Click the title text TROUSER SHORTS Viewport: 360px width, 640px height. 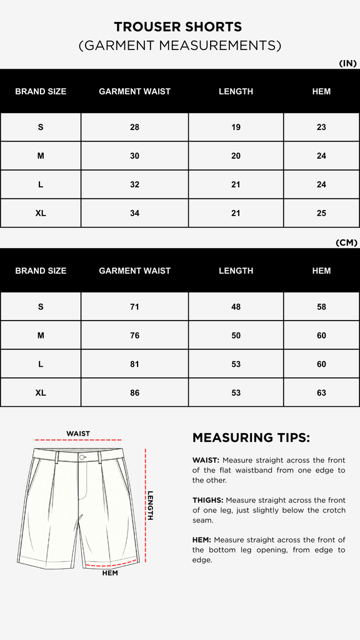[x=178, y=27]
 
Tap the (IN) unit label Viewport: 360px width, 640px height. [x=347, y=63]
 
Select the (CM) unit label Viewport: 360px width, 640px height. [x=347, y=242]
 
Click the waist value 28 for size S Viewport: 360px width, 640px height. [x=134, y=127]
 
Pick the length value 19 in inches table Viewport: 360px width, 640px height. [x=236, y=127]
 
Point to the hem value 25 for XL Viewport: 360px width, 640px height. [x=321, y=213]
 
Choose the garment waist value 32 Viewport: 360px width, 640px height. [x=134, y=184]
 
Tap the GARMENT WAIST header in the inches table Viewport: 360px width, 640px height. [x=134, y=91]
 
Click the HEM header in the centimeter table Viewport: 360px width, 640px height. [x=321, y=271]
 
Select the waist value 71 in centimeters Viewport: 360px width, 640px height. [x=134, y=307]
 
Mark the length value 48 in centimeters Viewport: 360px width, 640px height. [x=236, y=307]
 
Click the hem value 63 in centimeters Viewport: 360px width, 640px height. [x=321, y=393]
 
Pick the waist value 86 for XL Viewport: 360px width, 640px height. [x=134, y=393]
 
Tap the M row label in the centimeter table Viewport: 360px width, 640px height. [x=41, y=336]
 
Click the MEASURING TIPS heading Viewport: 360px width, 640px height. [x=251, y=437]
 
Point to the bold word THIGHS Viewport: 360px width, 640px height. [x=207, y=500]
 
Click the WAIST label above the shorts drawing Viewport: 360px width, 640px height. [x=78, y=434]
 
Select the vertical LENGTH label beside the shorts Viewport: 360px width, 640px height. [x=151, y=505]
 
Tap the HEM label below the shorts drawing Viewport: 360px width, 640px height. [x=110, y=573]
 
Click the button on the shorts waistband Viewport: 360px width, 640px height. [x=82, y=457]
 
